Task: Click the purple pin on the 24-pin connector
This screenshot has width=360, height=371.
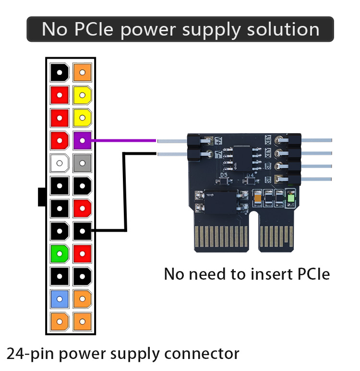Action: coord(83,140)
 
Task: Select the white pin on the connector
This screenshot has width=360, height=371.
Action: coord(60,163)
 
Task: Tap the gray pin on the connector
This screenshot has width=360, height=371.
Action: coord(83,163)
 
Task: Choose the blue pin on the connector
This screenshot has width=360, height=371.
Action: coord(60,299)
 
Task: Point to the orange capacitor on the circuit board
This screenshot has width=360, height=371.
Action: coord(258,197)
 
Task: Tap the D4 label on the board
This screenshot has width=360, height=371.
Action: coord(250,176)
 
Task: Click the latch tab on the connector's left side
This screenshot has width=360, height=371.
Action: coord(42,197)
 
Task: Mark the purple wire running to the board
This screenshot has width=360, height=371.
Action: coord(125,140)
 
